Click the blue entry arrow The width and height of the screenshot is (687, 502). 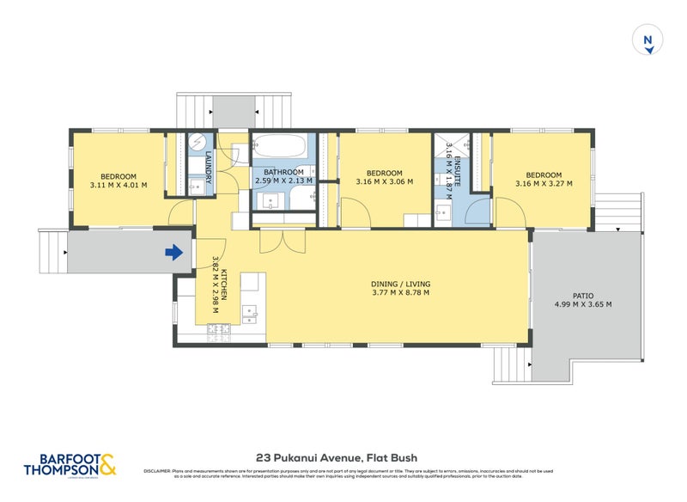173,252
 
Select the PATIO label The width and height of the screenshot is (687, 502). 583,295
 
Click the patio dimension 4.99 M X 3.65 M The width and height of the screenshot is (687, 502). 583,304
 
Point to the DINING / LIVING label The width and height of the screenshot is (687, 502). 400,284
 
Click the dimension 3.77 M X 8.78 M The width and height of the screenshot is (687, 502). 400,293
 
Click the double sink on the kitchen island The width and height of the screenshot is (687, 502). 251,312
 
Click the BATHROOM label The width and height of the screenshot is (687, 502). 282,172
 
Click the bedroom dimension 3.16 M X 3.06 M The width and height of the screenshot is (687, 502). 385,181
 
